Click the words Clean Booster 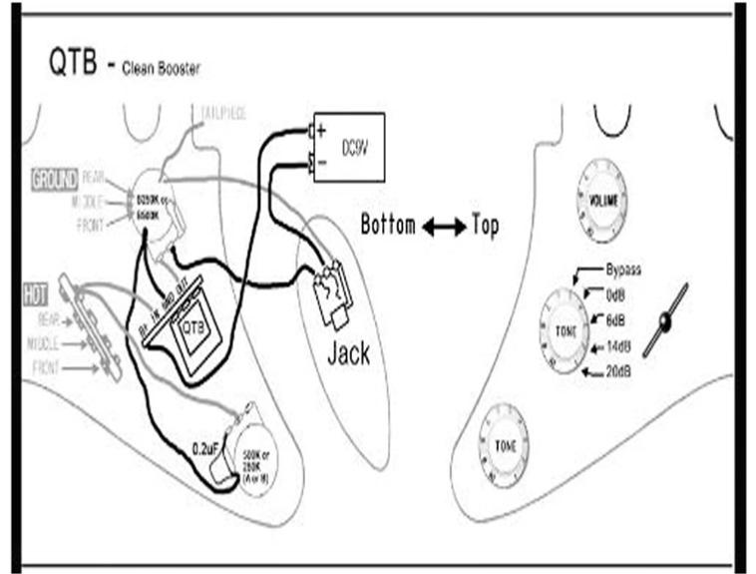160,70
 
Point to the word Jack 348,353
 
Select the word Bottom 387,226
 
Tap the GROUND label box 55,181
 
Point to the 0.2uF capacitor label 205,448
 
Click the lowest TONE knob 506,446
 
